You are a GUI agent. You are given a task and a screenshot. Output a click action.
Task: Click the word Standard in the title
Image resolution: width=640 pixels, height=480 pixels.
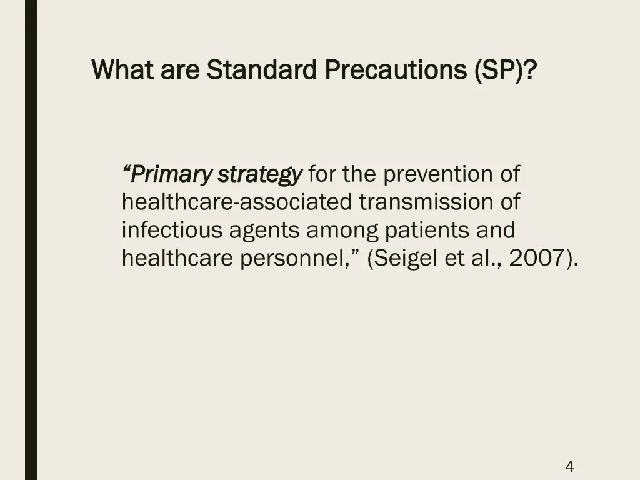pyautogui.click(x=262, y=69)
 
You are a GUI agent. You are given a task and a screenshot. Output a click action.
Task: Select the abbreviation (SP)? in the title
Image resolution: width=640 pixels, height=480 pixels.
pyautogui.click(x=505, y=69)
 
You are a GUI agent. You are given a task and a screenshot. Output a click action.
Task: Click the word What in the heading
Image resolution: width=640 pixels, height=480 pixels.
pyautogui.click(x=122, y=69)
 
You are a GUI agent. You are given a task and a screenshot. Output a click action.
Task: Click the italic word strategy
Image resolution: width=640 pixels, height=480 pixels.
pyautogui.click(x=259, y=174)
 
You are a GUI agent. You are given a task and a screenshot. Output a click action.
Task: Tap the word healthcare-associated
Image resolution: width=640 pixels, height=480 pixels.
pyautogui.click(x=237, y=202)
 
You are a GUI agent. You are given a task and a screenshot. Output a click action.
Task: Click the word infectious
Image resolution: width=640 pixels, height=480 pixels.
pyautogui.click(x=172, y=231)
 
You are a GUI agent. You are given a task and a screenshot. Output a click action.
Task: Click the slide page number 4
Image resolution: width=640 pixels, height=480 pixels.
pyautogui.click(x=569, y=466)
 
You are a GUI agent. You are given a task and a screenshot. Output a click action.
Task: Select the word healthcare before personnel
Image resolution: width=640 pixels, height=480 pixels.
pyautogui.click(x=177, y=259)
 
